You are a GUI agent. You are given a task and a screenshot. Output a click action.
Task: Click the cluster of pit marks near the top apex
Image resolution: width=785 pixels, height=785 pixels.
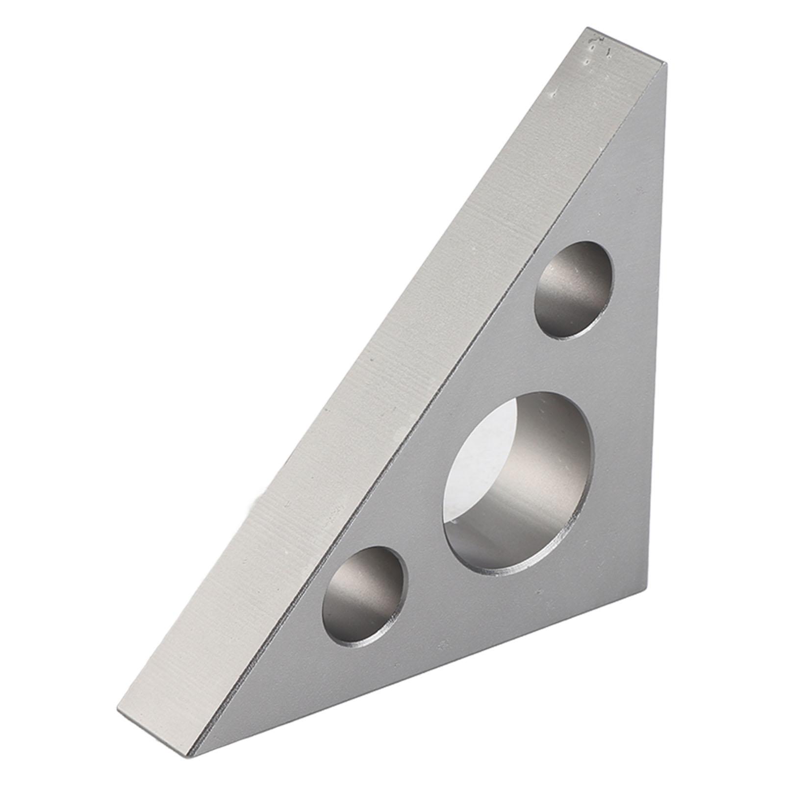click(596, 51)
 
